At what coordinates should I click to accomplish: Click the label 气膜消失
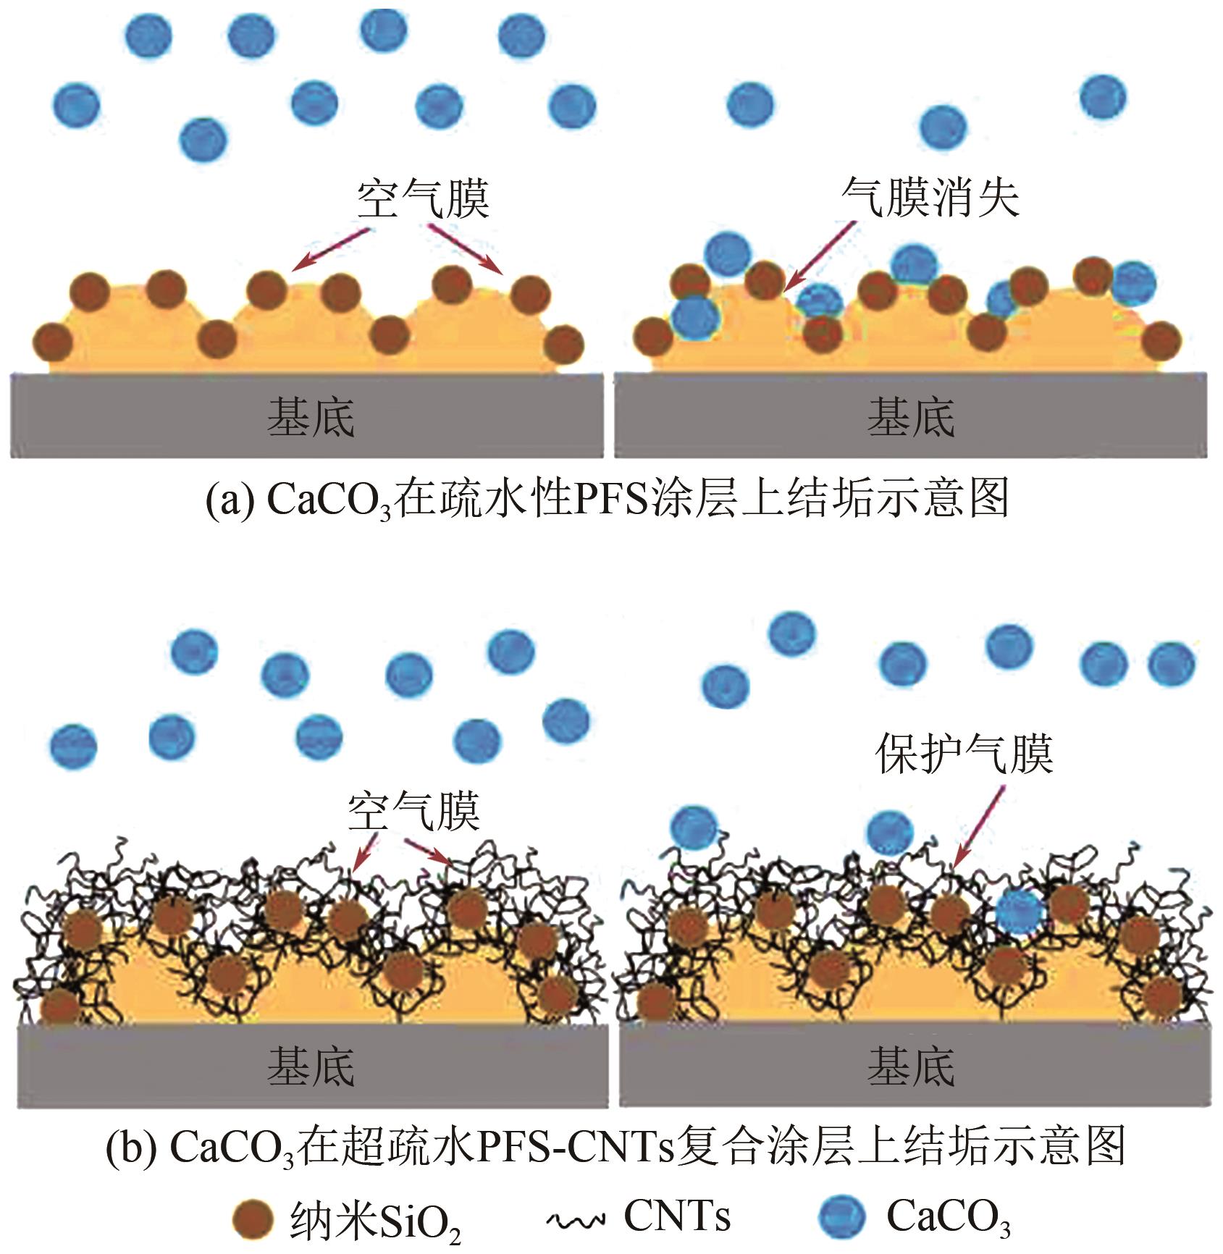[930, 197]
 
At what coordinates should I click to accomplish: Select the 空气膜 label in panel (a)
[422, 198]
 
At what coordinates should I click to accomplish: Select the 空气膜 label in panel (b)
[413, 811]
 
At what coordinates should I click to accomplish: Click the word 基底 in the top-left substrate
[311, 418]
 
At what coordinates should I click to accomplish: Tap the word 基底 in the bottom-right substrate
[911, 1066]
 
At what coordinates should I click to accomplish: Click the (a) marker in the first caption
[229, 500]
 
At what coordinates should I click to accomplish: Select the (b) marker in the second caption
[130, 1146]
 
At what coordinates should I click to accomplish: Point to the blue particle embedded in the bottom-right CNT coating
[1020, 914]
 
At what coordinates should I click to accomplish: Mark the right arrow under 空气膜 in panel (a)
[467, 251]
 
